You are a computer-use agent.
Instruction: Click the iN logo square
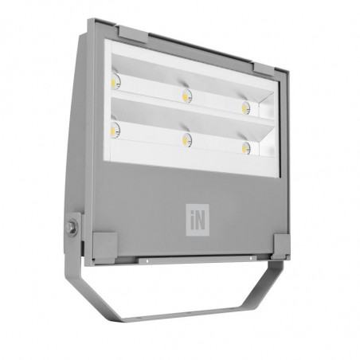(x=198, y=220)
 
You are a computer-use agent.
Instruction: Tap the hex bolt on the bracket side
(x=72, y=228)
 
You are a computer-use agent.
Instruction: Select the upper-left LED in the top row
(x=115, y=81)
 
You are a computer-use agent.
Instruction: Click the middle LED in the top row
(x=187, y=96)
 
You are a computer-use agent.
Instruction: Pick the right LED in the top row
(x=246, y=108)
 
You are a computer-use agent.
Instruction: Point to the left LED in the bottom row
(x=115, y=130)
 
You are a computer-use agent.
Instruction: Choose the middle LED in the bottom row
(x=187, y=140)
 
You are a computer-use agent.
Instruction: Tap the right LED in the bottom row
(x=246, y=147)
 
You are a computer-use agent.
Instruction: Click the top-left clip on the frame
(x=132, y=34)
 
